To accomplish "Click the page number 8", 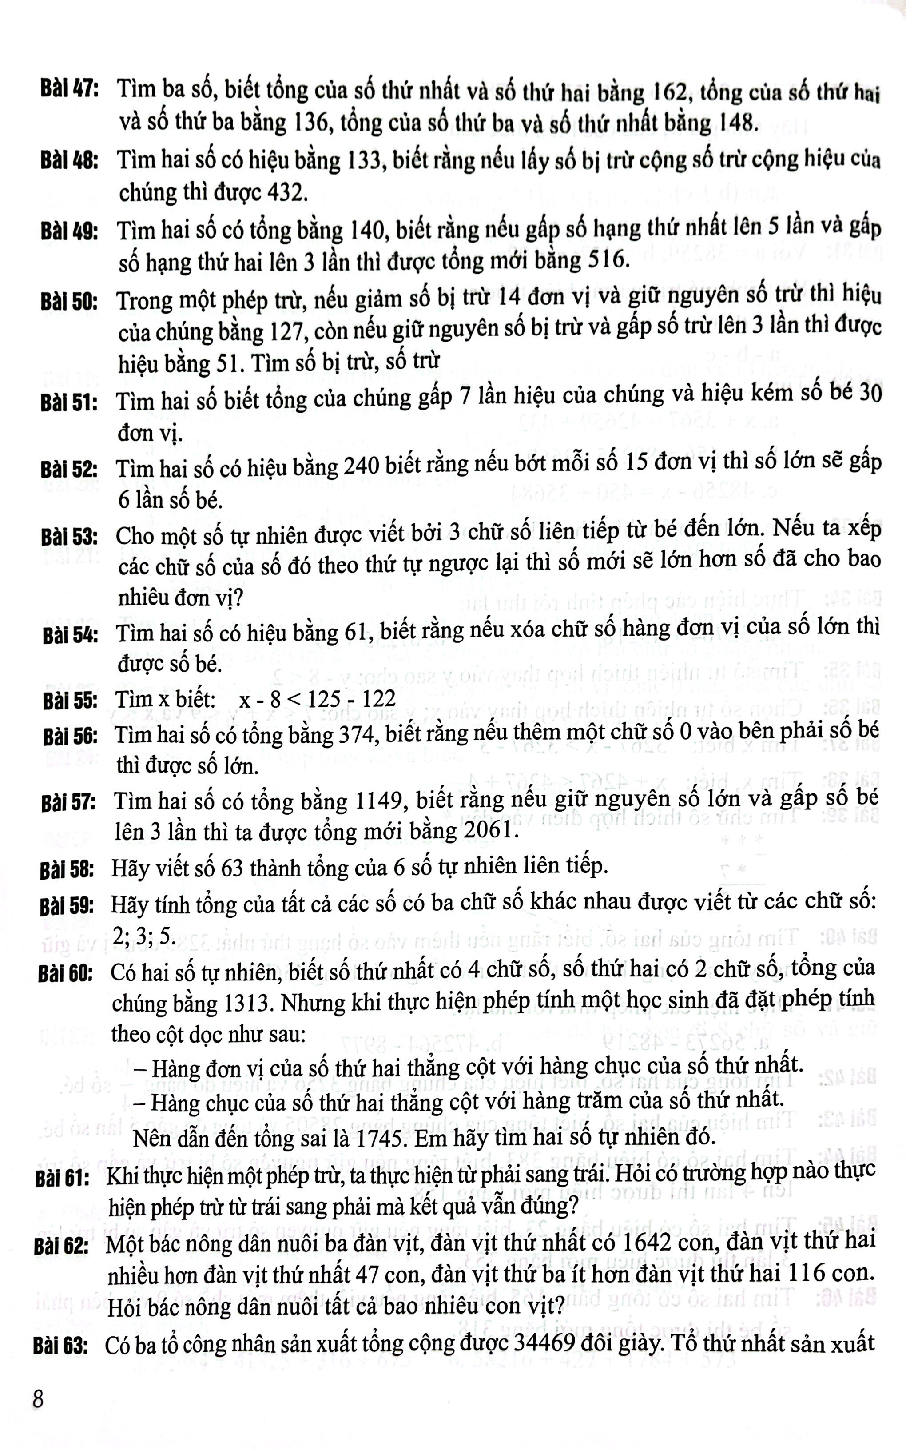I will pyautogui.click(x=38, y=1400).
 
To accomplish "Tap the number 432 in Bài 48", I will pyautogui.click(x=287, y=193).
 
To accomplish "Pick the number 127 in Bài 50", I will pyautogui.click(x=285, y=331).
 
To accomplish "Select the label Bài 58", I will pyautogui.click(x=67, y=869).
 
